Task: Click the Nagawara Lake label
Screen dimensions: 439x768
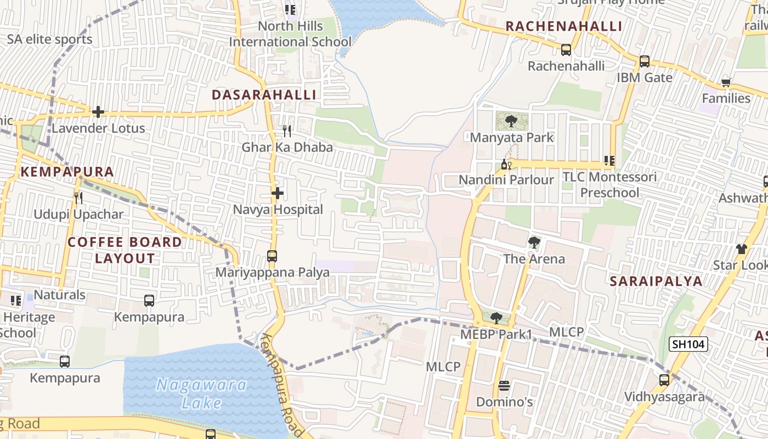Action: point(201,394)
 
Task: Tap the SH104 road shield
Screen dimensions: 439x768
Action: point(688,344)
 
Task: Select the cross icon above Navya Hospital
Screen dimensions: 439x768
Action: point(278,193)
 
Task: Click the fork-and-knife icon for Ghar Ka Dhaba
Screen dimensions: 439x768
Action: point(286,131)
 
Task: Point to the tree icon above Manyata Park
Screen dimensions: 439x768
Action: point(511,121)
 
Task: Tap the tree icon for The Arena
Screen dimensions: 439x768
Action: point(534,242)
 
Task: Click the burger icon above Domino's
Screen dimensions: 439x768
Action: point(504,385)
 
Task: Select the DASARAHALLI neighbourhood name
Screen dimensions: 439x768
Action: point(264,94)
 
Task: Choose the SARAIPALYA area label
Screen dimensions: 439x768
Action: point(656,281)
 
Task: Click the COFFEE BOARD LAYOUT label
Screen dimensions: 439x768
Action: point(125,250)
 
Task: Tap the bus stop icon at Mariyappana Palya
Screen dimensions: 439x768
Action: point(272,256)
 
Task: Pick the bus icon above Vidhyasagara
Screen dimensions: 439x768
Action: point(664,380)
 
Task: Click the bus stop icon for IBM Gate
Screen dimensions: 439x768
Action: point(645,61)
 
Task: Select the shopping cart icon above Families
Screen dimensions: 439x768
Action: point(726,82)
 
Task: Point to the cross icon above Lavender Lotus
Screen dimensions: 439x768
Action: point(98,112)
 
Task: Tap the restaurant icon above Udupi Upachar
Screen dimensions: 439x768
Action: point(78,198)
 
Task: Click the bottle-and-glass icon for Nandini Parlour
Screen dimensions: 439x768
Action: point(506,164)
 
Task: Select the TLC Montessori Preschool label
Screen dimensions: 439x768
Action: point(609,185)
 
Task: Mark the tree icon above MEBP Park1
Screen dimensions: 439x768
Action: point(496,318)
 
